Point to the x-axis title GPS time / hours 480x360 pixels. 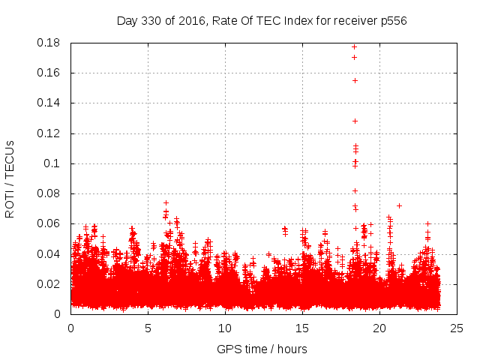262,349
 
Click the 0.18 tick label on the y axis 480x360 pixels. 50,43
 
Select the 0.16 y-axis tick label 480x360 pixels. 50,73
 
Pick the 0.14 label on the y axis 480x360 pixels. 50,103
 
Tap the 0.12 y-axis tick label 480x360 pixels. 50,133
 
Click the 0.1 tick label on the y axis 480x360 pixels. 54,163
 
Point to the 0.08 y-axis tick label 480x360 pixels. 50,193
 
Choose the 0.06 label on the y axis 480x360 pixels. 50,223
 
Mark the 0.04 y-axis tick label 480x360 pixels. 50,253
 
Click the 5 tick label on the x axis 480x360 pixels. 148,328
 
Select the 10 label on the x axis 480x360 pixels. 225,328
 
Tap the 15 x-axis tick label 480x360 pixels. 302,328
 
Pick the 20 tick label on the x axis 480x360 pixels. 379,328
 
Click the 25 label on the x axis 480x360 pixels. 457,328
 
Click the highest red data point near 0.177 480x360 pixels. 354,46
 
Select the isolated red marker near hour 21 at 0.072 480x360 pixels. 399,205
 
